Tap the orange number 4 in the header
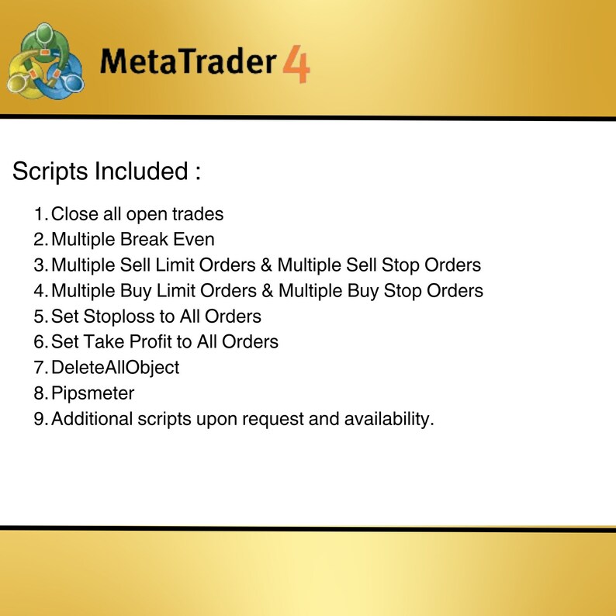point(296,63)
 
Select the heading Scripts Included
point(106,171)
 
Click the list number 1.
point(40,214)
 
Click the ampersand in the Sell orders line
point(266,265)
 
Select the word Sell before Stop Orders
point(359,265)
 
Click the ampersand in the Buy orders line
point(268,291)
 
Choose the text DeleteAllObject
point(115,367)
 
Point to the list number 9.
point(40,419)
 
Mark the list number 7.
point(40,367)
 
